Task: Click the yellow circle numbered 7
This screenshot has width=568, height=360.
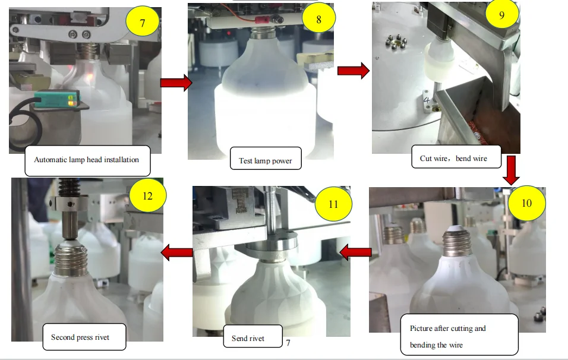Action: click(142, 24)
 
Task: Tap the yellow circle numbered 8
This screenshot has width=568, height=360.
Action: click(318, 19)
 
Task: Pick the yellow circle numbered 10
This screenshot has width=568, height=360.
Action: click(526, 203)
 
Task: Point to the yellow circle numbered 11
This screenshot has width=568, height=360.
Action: click(333, 204)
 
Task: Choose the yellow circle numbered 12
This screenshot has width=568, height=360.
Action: click(147, 194)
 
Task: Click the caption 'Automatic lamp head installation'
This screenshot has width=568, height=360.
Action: click(86, 160)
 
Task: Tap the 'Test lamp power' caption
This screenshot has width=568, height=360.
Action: click(265, 160)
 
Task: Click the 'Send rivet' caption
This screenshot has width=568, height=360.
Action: click(248, 339)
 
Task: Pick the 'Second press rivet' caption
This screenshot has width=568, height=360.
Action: click(84, 337)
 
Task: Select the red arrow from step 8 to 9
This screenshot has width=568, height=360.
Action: click(353, 71)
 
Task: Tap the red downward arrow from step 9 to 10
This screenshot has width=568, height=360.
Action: click(510, 170)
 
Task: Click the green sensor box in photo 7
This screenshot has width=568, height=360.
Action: click(55, 100)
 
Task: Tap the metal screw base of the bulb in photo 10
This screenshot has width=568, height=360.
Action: click(456, 243)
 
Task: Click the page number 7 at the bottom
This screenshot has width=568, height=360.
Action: click(288, 343)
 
